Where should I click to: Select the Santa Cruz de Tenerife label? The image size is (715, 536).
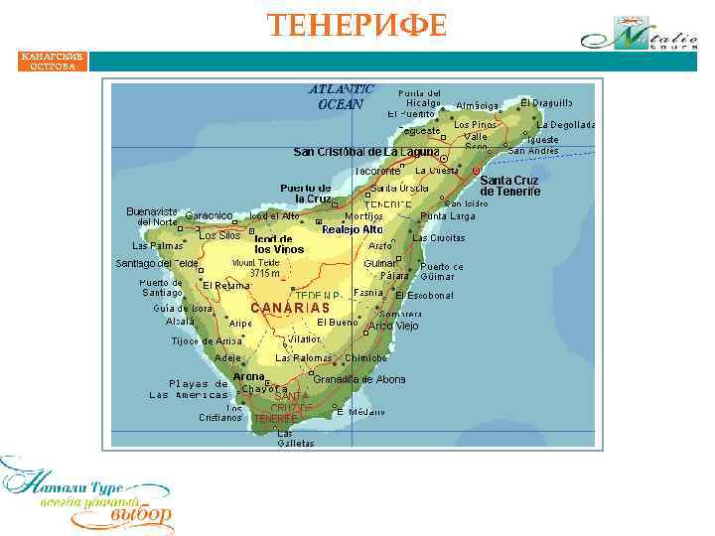tap(509, 187)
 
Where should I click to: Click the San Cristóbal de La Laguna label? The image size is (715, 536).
tap(365, 152)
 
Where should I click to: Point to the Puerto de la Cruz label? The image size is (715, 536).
tap(305, 193)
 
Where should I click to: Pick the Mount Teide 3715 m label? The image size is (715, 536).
tap(257, 268)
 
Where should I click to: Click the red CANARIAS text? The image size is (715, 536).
tap(289, 308)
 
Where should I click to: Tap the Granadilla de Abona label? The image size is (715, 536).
tap(359, 379)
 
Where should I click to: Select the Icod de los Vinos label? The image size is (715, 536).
tap(279, 244)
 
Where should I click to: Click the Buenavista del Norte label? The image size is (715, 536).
tap(152, 216)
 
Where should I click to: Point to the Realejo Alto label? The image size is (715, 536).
tap(352, 229)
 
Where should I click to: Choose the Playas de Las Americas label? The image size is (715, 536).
tap(189, 389)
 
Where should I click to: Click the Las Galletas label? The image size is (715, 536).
tap(288, 438)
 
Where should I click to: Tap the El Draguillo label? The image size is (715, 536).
tap(546, 103)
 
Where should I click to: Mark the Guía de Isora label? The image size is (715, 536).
tap(183, 308)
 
